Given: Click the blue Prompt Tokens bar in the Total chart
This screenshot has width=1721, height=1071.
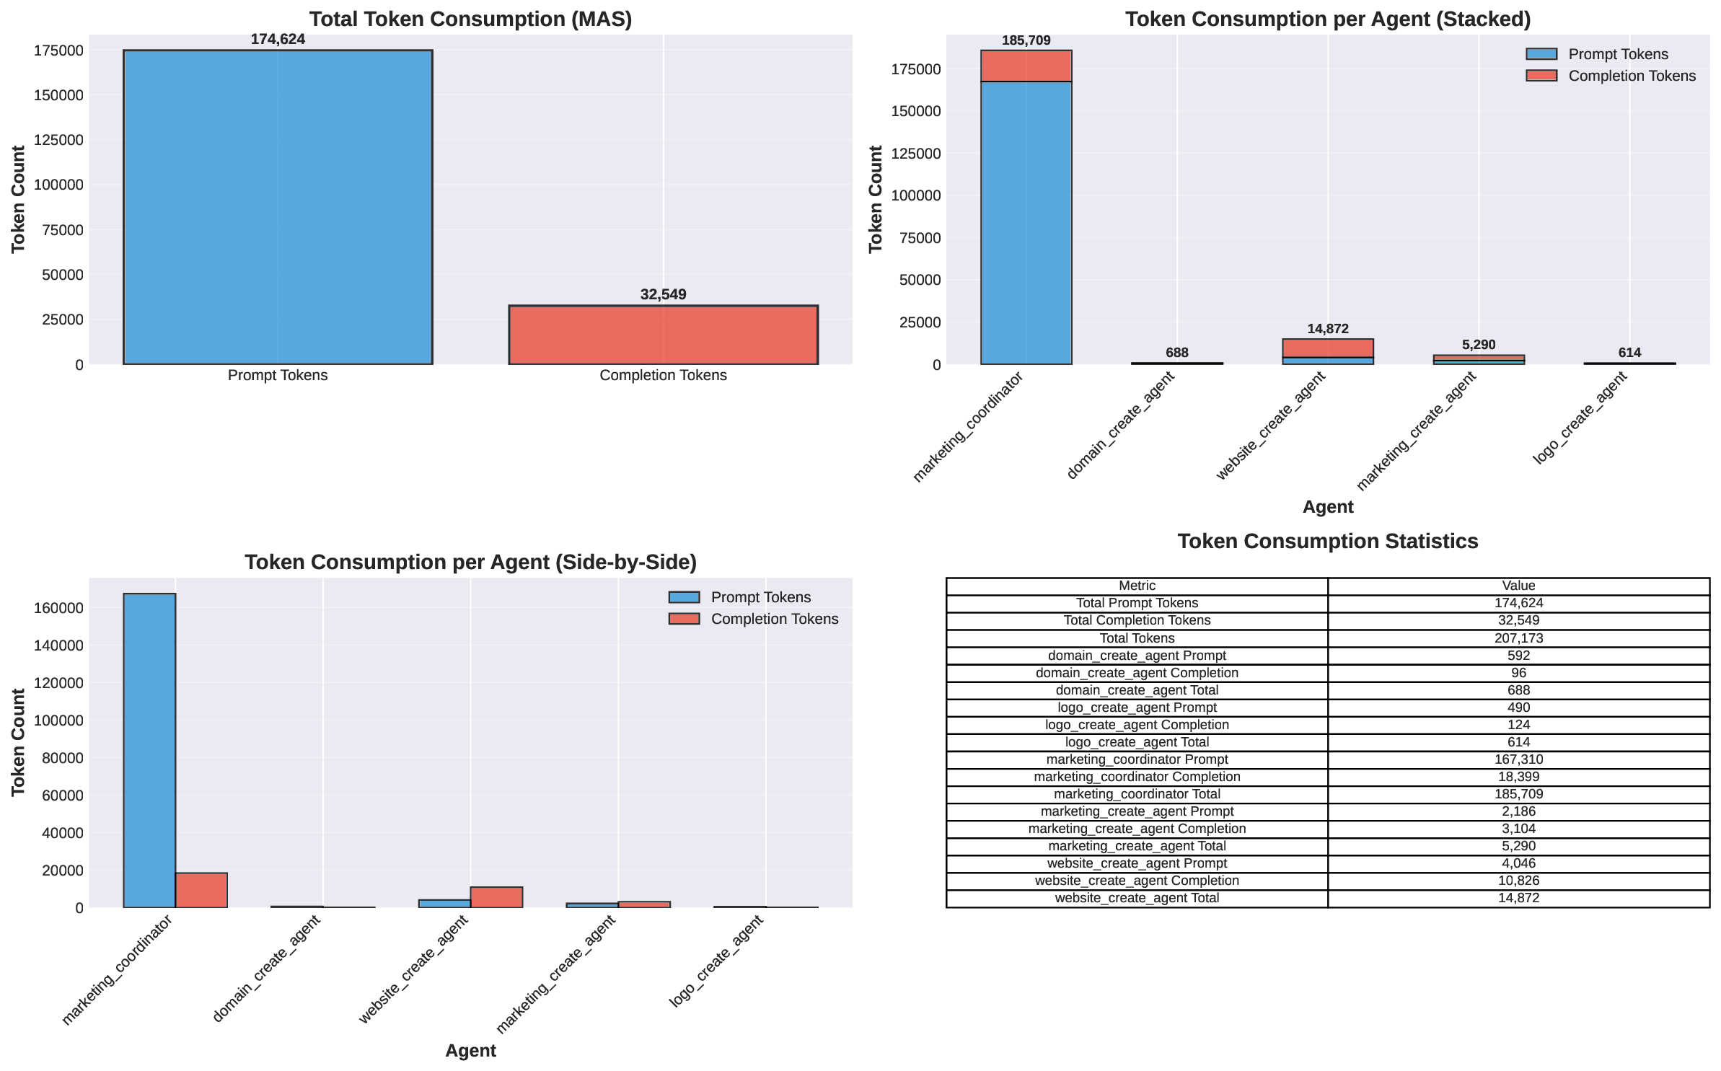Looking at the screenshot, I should click(278, 207).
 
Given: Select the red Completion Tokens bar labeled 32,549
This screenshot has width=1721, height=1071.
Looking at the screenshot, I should click(663, 335).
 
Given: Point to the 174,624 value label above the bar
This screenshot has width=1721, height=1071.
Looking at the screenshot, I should click(278, 40).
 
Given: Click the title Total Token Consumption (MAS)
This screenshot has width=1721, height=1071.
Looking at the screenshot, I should click(470, 19).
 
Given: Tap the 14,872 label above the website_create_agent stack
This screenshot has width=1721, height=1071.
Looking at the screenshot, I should click(1327, 329).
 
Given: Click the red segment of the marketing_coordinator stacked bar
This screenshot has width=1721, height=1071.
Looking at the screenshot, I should click(1026, 66).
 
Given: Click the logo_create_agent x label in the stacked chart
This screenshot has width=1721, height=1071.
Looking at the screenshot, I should click(1580, 418).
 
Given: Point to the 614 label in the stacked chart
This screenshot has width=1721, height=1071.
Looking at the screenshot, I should click(1629, 353).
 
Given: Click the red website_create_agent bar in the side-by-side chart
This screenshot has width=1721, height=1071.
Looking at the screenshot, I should click(496, 897).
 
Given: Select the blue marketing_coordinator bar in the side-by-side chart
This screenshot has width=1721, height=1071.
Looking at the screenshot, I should click(149, 750).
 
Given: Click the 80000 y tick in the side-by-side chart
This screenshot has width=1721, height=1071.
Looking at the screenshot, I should click(58, 758).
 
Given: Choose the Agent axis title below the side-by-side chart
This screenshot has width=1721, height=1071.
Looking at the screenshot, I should click(470, 1050).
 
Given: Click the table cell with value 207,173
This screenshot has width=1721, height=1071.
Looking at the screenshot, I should click(1518, 638).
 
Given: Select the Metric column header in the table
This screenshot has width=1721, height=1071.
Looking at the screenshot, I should click(1137, 586).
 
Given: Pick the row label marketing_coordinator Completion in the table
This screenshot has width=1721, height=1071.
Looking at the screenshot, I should click(1137, 777).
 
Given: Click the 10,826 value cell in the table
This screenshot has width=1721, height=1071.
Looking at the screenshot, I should click(1518, 881).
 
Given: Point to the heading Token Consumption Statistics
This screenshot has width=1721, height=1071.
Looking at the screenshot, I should click(1327, 542).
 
